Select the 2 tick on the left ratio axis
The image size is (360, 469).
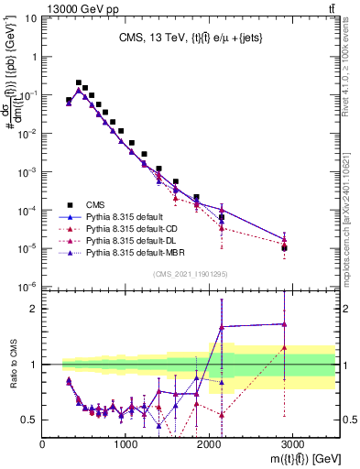click(x=34, y=309)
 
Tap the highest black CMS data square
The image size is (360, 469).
click(x=79, y=82)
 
